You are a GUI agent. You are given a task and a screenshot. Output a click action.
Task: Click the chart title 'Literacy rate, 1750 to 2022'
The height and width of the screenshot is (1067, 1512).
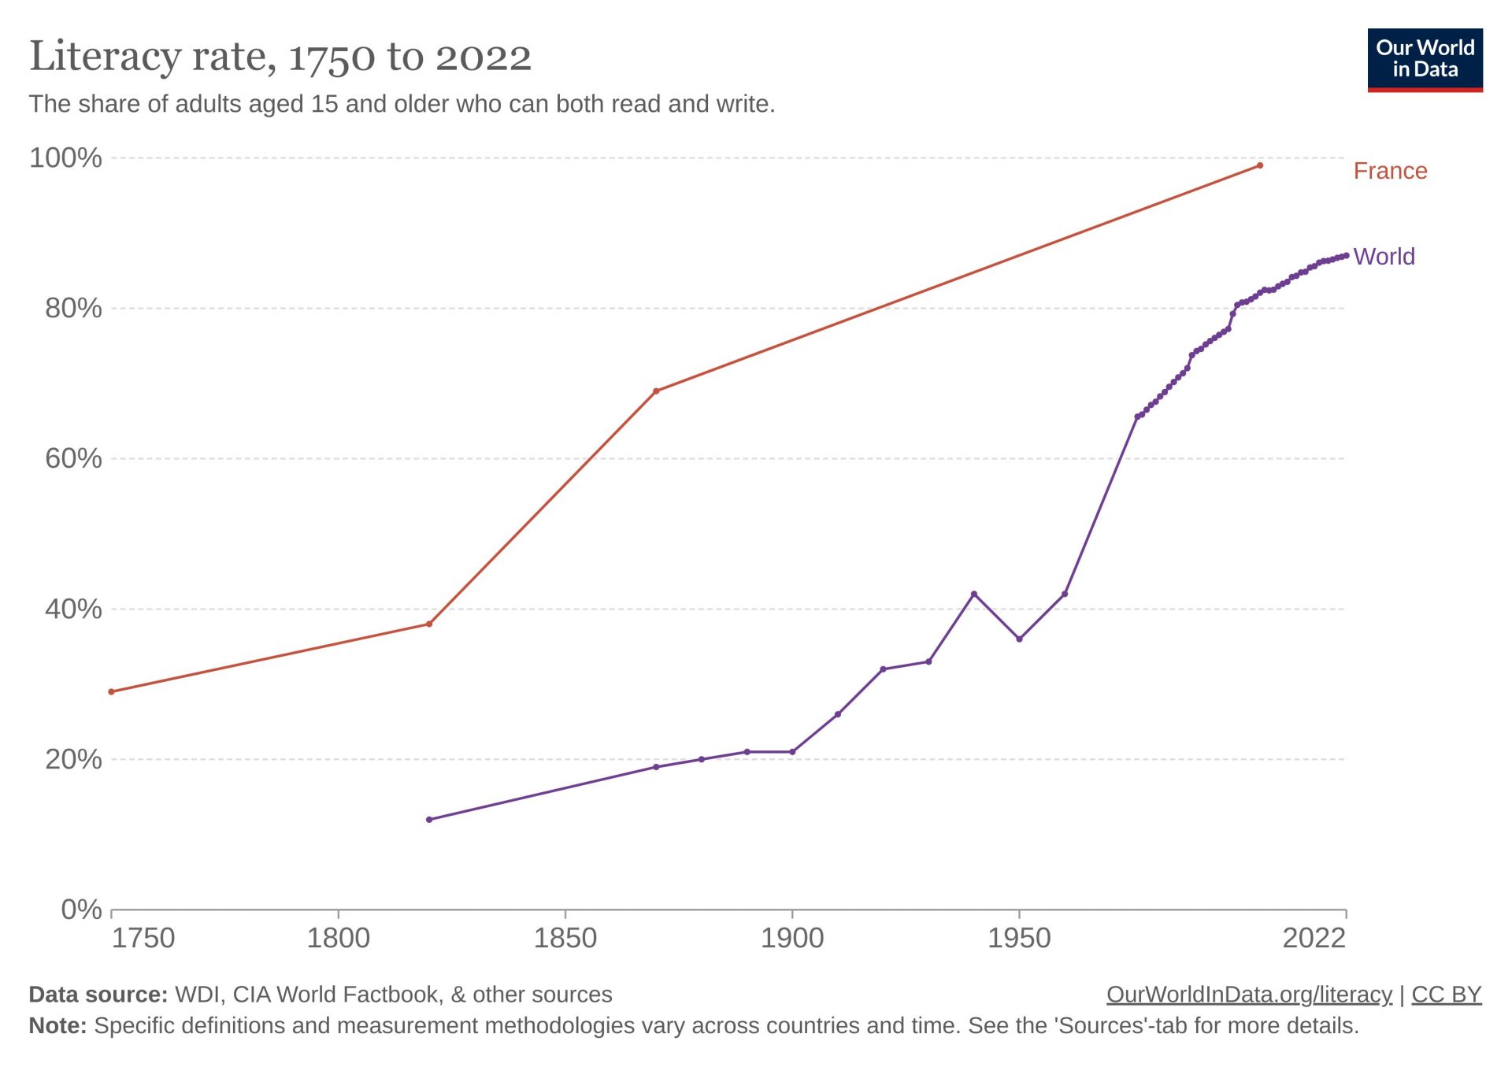pyautogui.click(x=280, y=57)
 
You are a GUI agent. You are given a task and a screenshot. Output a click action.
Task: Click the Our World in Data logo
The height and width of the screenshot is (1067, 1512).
pyautogui.click(x=1425, y=60)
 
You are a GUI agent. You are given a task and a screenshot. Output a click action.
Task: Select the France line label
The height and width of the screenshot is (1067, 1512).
pyautogui.click(x=1389, y=171)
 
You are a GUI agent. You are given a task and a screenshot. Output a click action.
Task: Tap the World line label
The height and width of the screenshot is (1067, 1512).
pyautogui.click(x=1384, y=257)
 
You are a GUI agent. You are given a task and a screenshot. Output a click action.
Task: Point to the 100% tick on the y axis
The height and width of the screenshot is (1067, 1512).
pyautogui.click(x=65, y=157)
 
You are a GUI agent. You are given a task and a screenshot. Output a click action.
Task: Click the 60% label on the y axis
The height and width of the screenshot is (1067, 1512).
pyautogui.click(x=73, y=458)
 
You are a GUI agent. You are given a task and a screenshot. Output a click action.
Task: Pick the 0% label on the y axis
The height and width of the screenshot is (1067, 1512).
pyautogui.click(x=81, y=910)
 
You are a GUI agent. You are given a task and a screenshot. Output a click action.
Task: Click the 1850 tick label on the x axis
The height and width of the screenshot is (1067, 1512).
pyautogui.click(x=565, y=938)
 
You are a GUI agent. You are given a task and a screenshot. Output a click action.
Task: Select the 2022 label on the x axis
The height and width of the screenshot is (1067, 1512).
pyautogui.click(x=1314, y=938)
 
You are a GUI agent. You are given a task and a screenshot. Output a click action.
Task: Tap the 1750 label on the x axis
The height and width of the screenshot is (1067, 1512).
pyautogui.click(x=143, y=938)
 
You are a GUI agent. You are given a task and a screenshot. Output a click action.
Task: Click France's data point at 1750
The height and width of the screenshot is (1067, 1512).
pyautogui.click(x=111, y=691)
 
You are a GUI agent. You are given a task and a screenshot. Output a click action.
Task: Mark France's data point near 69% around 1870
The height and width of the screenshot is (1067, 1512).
pyautogui.click(x=656, y=391)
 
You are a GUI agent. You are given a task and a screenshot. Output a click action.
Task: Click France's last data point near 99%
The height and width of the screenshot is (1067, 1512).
pyautogui.click(x=1260, y=165)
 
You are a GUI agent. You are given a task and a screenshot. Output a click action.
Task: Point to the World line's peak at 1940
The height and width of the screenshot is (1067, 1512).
pyautogui.click(x=974, y=594)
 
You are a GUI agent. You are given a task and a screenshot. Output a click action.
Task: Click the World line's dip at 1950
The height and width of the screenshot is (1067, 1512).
pyautogui.click(x=1019, y=639)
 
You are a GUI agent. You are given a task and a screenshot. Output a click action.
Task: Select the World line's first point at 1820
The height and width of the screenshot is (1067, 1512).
pyautogui.click(x=429, y=820)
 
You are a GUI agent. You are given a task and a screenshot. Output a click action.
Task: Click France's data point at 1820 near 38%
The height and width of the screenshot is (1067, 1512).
pyautogui.click(x=429, y=624)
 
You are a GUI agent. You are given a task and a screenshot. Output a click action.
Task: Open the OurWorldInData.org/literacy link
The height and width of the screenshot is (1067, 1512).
pyautogui.click(x=1249, y=995)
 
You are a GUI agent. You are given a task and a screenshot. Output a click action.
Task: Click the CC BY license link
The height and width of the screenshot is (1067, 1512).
pyautogui.click(x=1446, y=995)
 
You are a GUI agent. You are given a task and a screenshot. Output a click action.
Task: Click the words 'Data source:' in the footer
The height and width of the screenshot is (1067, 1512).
pyautogui.click(x=98, y=995)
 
